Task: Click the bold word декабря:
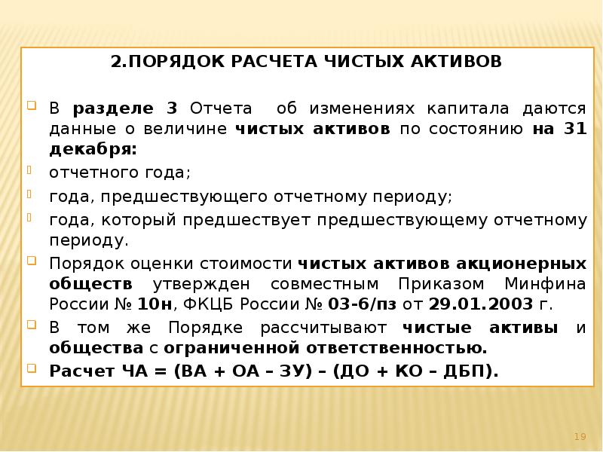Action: [x=93, y=150]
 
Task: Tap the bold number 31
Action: [x=574, y=129]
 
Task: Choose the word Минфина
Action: [x=549, y=285]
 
